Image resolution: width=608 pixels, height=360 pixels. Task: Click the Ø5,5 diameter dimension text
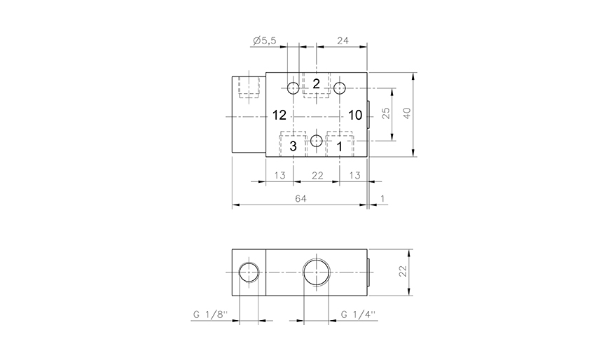coord(264,41)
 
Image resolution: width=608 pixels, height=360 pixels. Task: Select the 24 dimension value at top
coord(343,41)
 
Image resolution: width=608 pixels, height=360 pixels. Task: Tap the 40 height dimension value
coord(407,113)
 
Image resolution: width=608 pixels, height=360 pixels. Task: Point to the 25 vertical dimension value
coord(387,113)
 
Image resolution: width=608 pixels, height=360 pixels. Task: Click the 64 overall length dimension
coord(300,198)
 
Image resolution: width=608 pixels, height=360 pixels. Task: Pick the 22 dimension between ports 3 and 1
coord(317,176)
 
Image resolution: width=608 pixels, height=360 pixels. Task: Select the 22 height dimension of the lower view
coord(403,270)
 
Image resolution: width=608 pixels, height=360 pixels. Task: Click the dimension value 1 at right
coord(382,198)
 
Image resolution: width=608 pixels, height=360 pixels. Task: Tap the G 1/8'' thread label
coord(211,314)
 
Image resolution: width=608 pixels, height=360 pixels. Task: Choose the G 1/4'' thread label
coord(359,314)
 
